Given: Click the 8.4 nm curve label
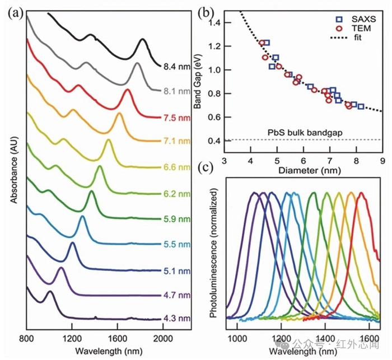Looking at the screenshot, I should click(176, 67).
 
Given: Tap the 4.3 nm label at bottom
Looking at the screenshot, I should click(176, 319).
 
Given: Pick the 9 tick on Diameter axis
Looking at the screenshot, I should click(382, 161).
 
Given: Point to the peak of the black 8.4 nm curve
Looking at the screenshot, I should click(143, 39).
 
